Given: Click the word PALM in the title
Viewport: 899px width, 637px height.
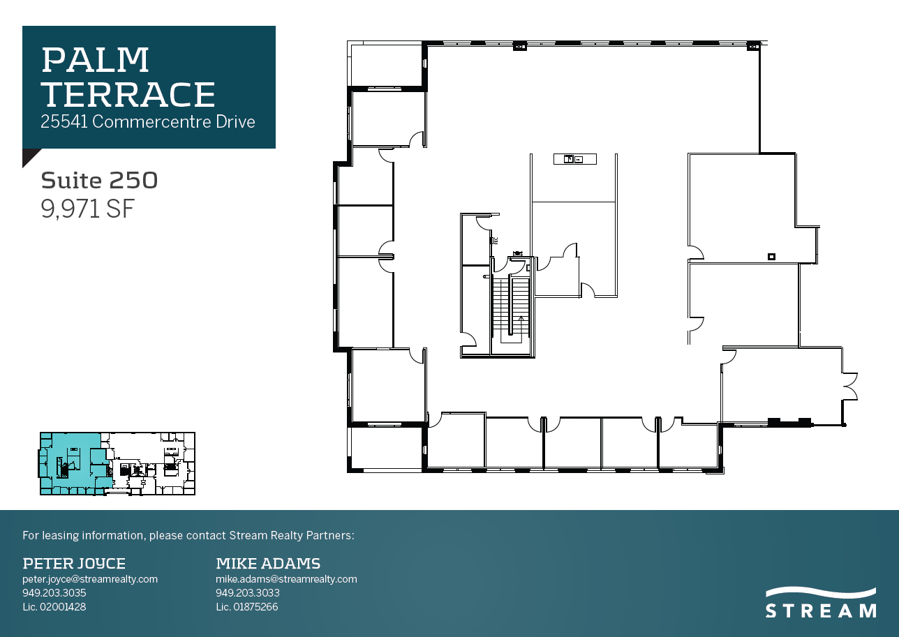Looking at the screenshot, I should pos(96,61).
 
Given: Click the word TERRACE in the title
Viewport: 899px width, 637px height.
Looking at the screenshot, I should pos(128,94).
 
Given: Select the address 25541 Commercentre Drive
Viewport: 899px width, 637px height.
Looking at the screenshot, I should pos(148,121).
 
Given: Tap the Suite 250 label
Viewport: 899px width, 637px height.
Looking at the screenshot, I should pos(99,180).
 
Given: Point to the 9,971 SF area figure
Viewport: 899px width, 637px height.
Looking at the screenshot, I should pos(87,209).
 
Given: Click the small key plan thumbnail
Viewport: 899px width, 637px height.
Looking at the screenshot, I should pos(117,463).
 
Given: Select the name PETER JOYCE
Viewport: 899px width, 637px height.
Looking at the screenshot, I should pos(74,563).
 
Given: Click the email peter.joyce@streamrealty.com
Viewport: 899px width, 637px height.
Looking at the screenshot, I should pos(90,579).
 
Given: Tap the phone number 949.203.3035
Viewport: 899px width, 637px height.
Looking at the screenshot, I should pos(54,593).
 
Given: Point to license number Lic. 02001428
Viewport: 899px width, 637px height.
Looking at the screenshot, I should pos(54,607).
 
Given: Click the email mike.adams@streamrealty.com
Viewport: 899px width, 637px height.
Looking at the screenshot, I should pos(286,579).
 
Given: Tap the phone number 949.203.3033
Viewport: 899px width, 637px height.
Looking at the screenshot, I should pos(248,593).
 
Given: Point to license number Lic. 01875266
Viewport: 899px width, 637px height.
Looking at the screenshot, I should pos(247,607).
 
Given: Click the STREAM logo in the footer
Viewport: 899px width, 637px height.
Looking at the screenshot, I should pos(821,603).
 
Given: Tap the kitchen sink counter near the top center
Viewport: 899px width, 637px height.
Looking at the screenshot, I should pos(575,159).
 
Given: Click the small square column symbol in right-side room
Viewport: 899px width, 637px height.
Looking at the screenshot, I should pos(771,256).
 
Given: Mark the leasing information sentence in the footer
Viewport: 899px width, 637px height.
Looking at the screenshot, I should pos(188,536).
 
